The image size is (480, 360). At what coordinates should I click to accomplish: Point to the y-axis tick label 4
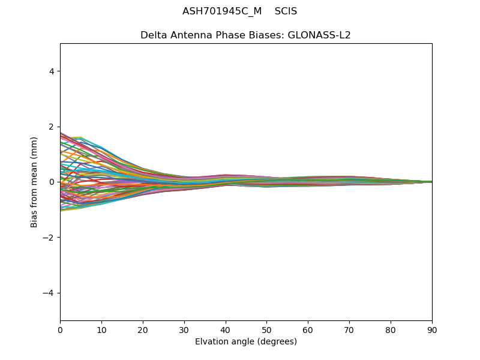coord(52,71)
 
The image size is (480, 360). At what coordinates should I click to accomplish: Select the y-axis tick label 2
coord(52,127)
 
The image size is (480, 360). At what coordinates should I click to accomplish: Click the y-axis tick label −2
coord(49,238)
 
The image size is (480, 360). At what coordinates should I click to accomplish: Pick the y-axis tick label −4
coord(49,293)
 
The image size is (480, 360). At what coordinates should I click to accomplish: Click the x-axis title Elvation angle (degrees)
coord(246,342)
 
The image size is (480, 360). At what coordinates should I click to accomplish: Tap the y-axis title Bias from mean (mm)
coord(35,182)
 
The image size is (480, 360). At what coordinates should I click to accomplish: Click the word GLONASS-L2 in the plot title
coord(320,35)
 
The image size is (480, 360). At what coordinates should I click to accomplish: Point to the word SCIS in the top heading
coord(286,11)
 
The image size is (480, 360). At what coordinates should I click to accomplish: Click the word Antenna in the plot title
coord(192,35)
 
